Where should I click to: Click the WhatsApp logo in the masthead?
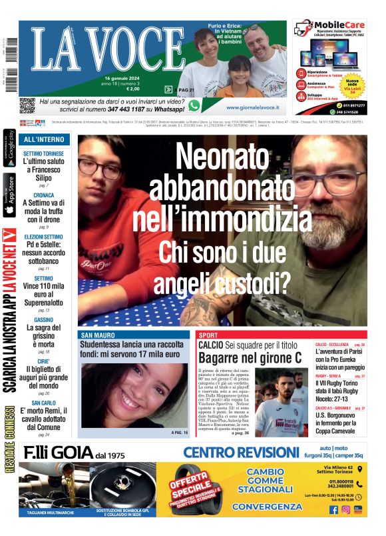194,105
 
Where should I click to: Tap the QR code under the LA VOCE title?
27,105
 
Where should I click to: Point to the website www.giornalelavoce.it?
252,107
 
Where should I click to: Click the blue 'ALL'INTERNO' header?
44,140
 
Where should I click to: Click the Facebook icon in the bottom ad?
334,510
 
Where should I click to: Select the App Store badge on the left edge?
9,197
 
